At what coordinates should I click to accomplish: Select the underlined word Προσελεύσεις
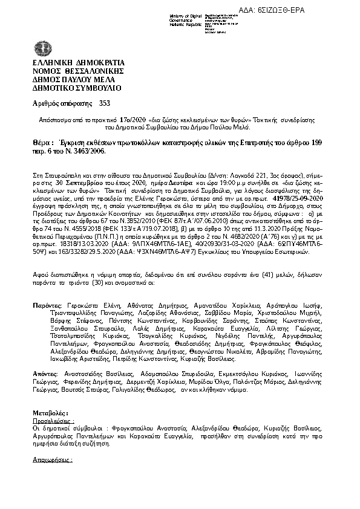click(53, 418)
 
